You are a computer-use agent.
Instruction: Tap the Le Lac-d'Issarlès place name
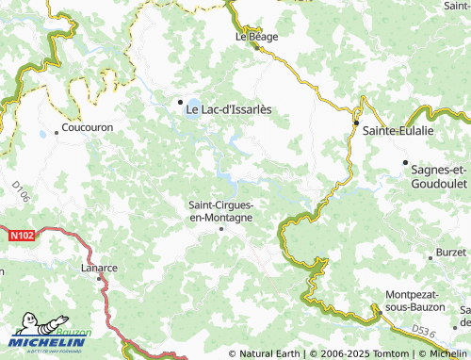click(x=228, y=109)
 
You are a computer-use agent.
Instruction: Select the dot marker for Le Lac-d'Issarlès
click(x=178, y=101)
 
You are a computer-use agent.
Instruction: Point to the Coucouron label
click(x=88, y=126)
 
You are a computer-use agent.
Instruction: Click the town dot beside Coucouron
click(x=57, y=132)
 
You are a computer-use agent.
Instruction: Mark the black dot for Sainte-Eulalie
click(x=357, y=123)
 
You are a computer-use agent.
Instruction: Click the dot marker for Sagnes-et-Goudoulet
click(x=406, y=162)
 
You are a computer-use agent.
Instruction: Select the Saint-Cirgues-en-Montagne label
click(x=221, y=210)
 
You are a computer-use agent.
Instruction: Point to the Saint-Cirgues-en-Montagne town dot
click(x=222, y=228)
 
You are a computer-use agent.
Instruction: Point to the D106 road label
click(x=22, y=194)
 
